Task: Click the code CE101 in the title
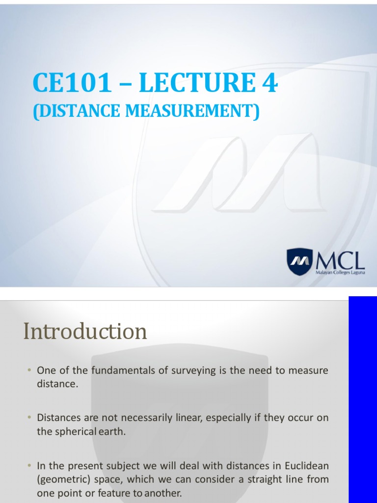[72, 84]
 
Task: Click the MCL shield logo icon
[299, 262]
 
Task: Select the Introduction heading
[85, 332]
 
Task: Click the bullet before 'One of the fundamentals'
[29, 370]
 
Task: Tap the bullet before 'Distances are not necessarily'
[29, 418]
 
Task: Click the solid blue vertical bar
[363, 399]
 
